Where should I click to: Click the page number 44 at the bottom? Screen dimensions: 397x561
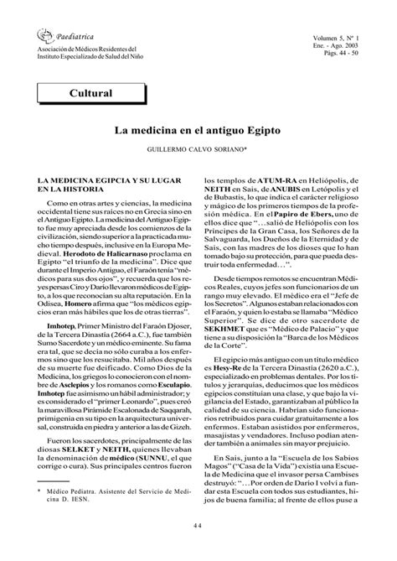point(198,527)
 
